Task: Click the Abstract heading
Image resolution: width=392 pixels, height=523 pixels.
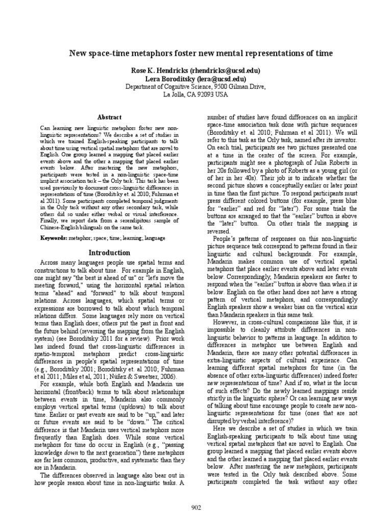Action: pos(111,117)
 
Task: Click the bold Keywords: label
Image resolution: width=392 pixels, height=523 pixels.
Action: pos(55,239)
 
